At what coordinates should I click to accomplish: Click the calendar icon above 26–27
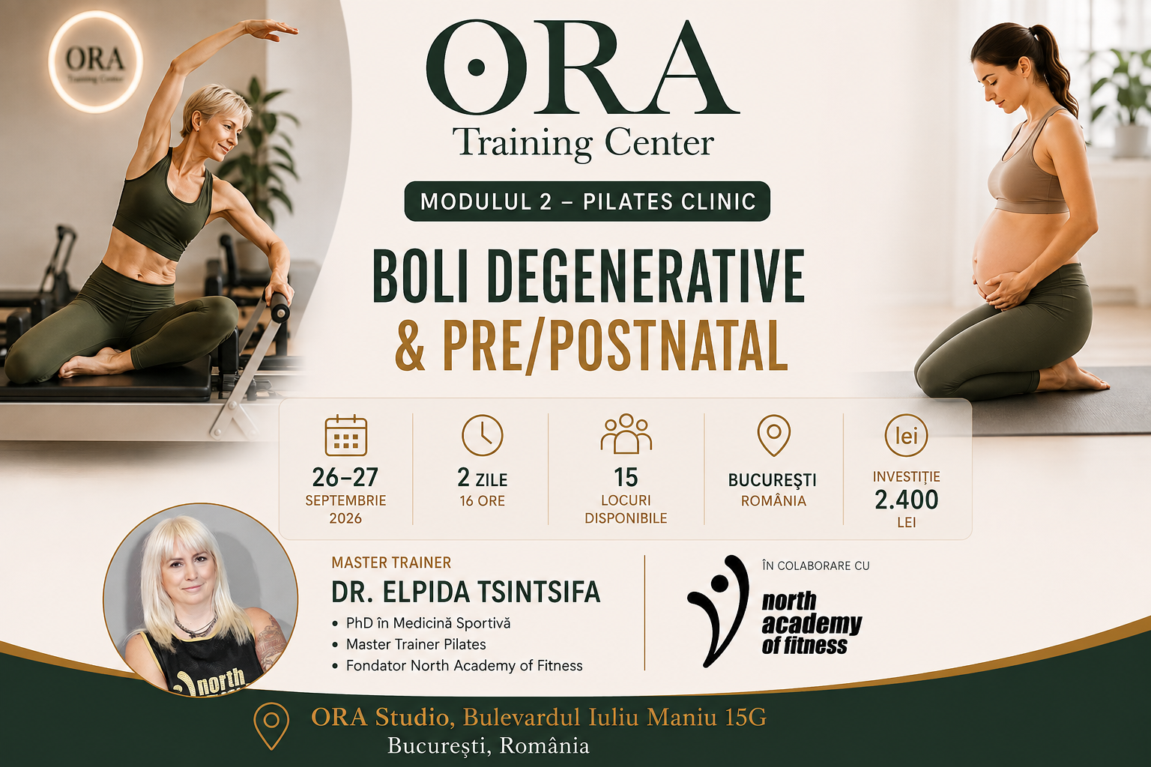pyautogui.click(x=345, y=436)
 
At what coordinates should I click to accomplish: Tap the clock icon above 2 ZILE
pyautogui.click(x=482, y=435)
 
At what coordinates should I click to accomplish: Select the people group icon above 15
pyautogui.click(x=626, y=434)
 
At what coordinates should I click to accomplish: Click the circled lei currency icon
pyautogui.click(x=906, y=436)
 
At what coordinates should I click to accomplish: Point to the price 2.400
pyautogui.click(x=906, y=500)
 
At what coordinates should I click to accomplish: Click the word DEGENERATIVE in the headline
pyautogui.click(x=645, y=276)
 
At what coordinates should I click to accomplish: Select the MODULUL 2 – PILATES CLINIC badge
pyautogui.click(x=587, y=201)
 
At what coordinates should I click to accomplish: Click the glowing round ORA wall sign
pyautogui.click(x=96, y=61)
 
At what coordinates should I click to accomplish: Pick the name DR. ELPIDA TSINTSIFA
pyautogui.click(x=465, y=592)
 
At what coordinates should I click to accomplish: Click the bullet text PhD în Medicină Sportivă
pyautogui.click(x=428, y=623)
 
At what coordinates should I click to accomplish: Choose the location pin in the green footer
pyautogui.click(x=271, y=725)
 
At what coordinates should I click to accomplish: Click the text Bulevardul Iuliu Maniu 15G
pyautogui.click(x=614, y=717)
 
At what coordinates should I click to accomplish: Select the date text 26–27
pyautogui.click(x=345, y=478)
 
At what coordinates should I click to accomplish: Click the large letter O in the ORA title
pyautogui.click(x=477, y=67)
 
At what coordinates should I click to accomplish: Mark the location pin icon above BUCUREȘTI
pyautogui.click(x=774, y=435)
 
